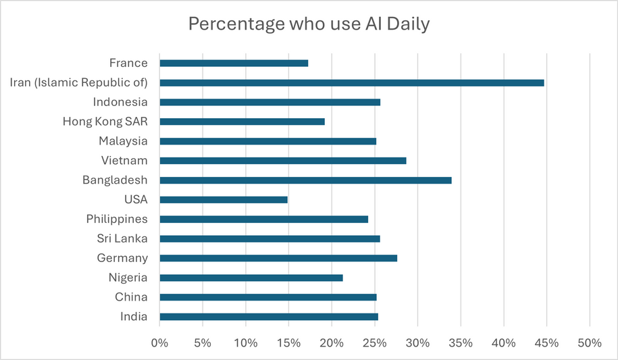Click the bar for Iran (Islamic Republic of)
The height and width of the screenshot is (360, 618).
click(351, 83)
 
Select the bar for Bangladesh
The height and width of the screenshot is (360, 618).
click(305, 180)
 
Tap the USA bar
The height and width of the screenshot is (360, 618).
click(224, 200)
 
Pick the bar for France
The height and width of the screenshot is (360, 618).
click(234, 63)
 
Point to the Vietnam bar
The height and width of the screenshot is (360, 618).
click(283, 161)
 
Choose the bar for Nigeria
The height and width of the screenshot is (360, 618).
click(251, 278)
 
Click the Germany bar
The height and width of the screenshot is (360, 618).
click(278, 258)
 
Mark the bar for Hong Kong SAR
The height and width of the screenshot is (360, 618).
click(242, 122)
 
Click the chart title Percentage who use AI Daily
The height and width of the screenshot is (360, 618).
click(309, 24)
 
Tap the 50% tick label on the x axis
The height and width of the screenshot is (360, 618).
click(590, 343)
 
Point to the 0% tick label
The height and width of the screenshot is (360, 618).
click(160, 343)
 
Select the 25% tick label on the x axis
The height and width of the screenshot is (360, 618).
click(375, 343)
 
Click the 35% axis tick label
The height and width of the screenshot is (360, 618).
click(461, 343)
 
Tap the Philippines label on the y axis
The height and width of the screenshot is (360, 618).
click(117, 219)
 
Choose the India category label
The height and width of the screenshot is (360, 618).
click(134, 317)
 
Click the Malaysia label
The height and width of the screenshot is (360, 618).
click(124, 141)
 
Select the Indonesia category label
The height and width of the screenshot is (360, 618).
click(120, 102)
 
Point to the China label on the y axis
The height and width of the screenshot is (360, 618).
click(132, 297)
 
